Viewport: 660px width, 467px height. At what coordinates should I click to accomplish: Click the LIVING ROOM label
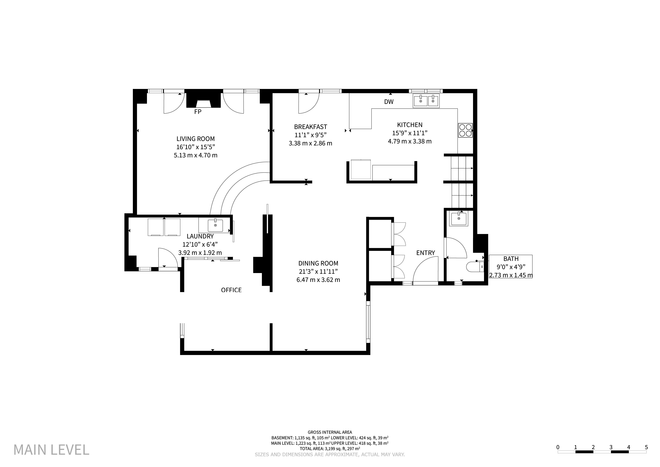196,139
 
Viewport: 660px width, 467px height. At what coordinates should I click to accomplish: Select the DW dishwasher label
389,102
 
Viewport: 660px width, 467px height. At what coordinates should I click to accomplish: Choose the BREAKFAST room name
310,127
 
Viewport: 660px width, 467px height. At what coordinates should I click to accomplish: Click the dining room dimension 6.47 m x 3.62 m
318,280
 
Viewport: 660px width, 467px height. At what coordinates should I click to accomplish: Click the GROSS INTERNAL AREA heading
330,432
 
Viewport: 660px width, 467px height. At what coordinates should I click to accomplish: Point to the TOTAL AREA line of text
330,448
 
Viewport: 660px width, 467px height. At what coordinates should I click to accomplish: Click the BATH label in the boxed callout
511,259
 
